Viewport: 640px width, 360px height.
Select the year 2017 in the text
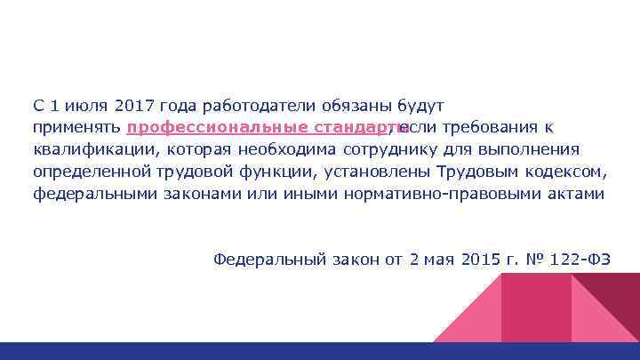[133, 105]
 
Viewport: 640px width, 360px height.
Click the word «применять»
[76, 126]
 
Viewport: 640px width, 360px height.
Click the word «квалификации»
[90, 148]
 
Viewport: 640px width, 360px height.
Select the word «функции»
[281, 171]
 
